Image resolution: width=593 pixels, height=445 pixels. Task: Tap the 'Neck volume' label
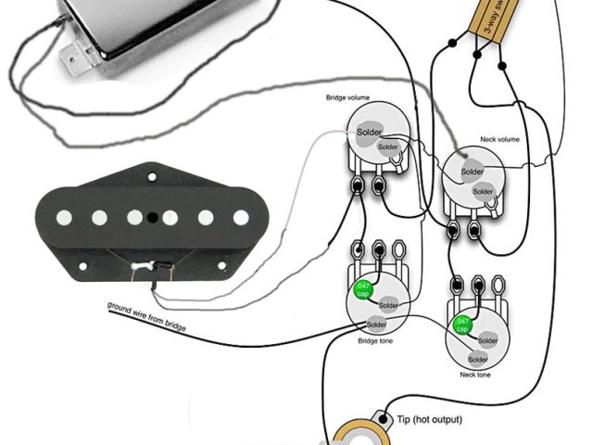tap(499, 139)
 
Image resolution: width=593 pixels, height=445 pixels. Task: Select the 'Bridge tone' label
tap(376, 340)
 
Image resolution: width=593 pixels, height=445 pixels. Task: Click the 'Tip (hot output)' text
tap(428, 420)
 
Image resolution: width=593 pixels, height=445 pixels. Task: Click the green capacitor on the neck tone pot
tap(461, 325)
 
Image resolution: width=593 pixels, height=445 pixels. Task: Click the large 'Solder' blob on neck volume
tap(472, 172)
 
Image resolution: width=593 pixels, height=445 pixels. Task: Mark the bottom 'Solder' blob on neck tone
tap(478, 359)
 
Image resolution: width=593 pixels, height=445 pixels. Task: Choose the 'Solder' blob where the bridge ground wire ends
tap(376, 324)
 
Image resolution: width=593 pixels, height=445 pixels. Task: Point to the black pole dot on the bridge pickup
tap(170, 218)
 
